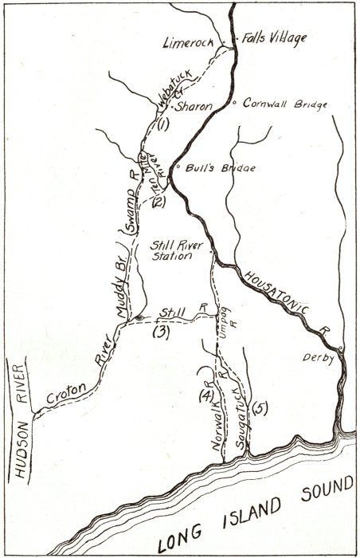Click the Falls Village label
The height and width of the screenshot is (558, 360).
pyautogui.click(x=275, y=37)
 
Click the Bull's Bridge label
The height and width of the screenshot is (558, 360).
pyautogui.click(x=208, y=169)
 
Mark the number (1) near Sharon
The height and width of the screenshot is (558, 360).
pyautogui.click(x=164, y=124)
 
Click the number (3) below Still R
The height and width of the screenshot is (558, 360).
pyautogui.click(x=161, y=332)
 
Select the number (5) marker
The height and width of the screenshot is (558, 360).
pyautogui.click(x=259, y=408)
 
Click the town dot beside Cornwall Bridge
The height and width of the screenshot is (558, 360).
pyautogui.click(x=233, y=103)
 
